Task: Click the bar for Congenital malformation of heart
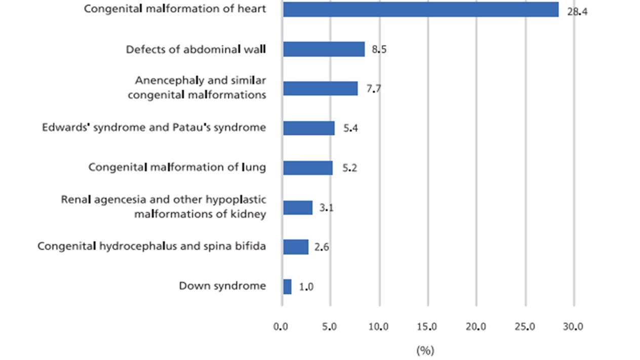click(x=420, y=10)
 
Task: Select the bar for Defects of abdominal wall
click(x=324, y=49)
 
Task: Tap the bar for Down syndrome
click(x=287, y=287)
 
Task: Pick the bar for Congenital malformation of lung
click(x=307, y=168)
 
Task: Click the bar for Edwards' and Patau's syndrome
click(x=308, y=128)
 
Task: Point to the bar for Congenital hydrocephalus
click(x=295, y=247)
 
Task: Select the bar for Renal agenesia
click(x=297, y=208)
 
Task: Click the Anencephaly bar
click(x=320, y=89)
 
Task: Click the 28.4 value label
click(x=577, y=11)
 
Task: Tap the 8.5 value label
click(x=379, y=50)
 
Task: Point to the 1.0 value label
click(x=306, y=287)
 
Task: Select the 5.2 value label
click(x=350, y=168)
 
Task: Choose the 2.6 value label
click(x=322, y=248)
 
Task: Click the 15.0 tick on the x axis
click(x=427, y=327)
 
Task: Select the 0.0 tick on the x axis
click(x=281, y=327)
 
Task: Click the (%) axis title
click(x=425, y=350)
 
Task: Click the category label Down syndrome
click(x=222, y=286)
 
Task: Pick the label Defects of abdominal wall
click(x=196, y=49)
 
